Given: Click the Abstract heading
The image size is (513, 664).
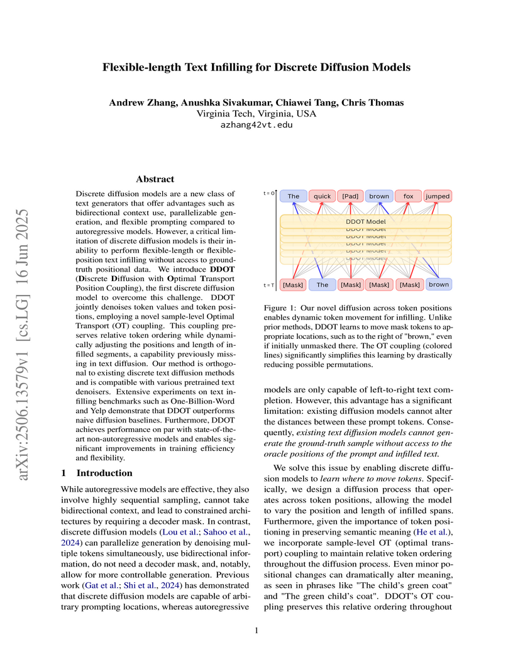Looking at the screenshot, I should pos(154,179).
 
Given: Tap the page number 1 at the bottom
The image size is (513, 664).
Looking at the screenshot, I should pos(256,630).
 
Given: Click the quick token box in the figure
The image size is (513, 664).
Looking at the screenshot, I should pos(323,196).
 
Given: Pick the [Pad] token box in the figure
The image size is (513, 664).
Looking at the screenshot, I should pos(351,196).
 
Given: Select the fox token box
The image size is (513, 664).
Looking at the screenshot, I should pos(409,196).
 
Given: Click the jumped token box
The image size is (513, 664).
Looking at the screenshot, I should pos(438,196).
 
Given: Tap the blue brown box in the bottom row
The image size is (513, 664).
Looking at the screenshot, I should pos(439,284).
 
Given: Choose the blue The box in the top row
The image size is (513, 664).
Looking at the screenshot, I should pos(294,196).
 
